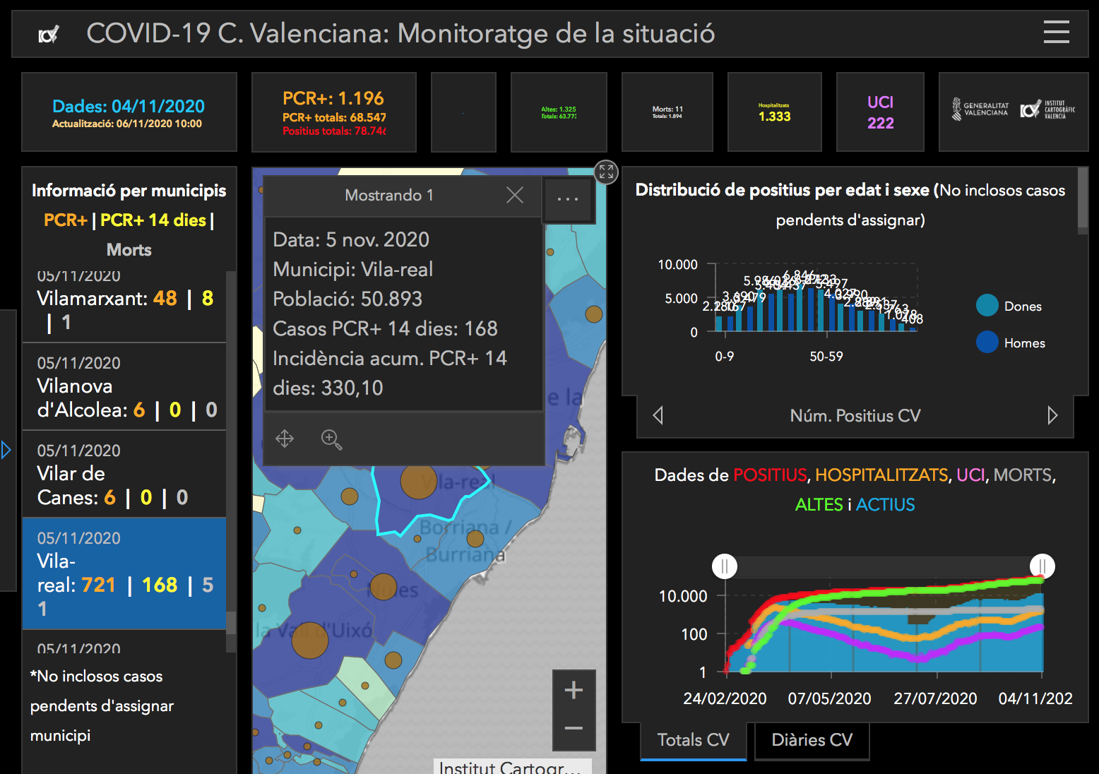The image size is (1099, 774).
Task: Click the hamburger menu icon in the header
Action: coord(1056,32)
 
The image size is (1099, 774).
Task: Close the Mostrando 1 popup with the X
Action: coord(515,195)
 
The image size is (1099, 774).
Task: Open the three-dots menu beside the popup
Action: coord(568,199)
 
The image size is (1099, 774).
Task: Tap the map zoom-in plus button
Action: coord(574,690)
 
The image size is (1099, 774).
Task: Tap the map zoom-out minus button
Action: coord(574,728)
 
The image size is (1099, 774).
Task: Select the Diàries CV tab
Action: coord(812,740)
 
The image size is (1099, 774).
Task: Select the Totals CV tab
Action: coord(693,740)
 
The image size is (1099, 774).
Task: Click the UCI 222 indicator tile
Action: coord(880,112)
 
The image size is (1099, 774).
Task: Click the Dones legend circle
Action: coord(987,305)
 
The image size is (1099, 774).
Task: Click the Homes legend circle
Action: coord(987,342)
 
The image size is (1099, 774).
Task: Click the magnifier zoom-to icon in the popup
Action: coord(331,439)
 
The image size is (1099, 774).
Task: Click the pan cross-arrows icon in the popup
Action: coord(285,439)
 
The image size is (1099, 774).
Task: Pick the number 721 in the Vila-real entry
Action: coord(98,585)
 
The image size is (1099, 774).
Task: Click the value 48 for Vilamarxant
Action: coord(165,298)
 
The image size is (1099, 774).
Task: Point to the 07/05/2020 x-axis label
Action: coord(829,698)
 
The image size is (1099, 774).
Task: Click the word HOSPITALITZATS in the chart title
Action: coord(881,475)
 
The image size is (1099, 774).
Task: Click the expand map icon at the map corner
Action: coord(606,172)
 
